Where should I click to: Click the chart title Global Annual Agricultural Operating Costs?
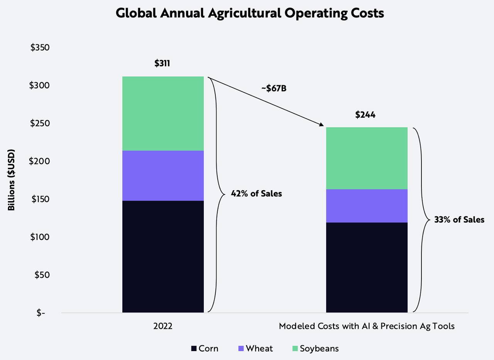pyautogui.click(x=250, y=13)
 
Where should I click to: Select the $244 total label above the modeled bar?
pyautogui.click(x=365, y=115)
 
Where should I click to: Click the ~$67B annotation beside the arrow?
pyautogui.click(x=274, y=88)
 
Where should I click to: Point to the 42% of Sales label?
pyautogui.click(x=256, y=194)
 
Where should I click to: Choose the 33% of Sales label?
pyautogui.click(x=459, y=220)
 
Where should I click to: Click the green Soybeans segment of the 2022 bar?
pyautogui.click(x=163, y=113)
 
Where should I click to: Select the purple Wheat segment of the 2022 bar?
pyautogui.click(x=163, y=176)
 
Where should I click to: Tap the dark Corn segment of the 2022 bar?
pyautogui.click(x=163, y=256)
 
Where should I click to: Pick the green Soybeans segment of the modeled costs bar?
pyautogui.click(x=367, y=158)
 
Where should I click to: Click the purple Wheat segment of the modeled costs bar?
pyautogui.click(x=367, y=206)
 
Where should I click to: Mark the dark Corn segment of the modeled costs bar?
pyautogui.click(x=367, y=267)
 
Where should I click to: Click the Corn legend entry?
pyautogui.click(x=205, y=348)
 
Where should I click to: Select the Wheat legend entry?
pyautogui.click(x=255, y=348)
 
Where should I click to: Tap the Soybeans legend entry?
pyautogui.click(x=315, y=348)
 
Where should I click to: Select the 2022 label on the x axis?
pyautogui.click(x=162, y=326)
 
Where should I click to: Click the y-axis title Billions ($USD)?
pyautogui.click(x=12, y=180)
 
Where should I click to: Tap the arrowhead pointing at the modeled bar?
pyautogui.click(x=321, y=125)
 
